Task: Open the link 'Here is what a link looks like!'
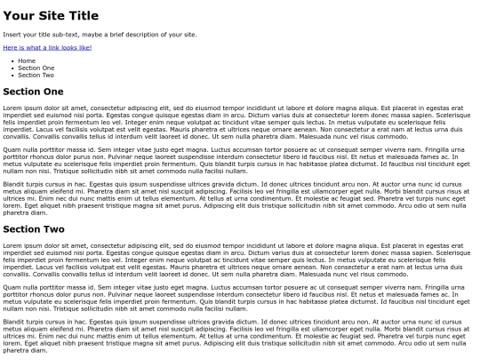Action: coord(48,47)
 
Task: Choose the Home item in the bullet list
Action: coord(25,60)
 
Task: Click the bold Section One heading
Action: coord(33,91)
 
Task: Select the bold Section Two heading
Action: coord(34,229)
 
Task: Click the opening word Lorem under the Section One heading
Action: coord(12,107)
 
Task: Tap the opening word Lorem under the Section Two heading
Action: coord(12,244)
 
